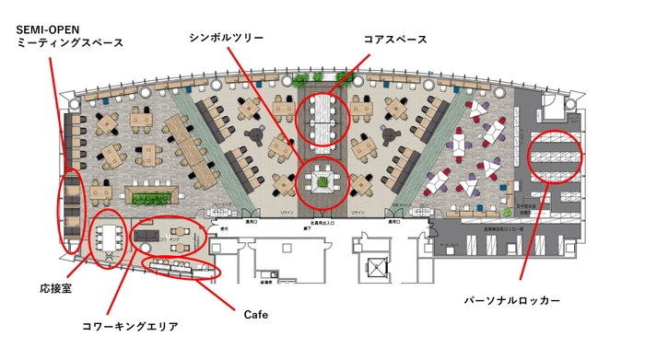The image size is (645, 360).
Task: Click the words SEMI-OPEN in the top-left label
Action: pyautogui.click(x=55, y=29)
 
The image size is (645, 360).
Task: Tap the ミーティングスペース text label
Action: pyautogui.click(x=70, y=43)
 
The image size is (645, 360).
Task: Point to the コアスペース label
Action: pyautogui.click(x=397, y=38)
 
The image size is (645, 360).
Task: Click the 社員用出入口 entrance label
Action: pyautogui.click(x=322, y=223)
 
